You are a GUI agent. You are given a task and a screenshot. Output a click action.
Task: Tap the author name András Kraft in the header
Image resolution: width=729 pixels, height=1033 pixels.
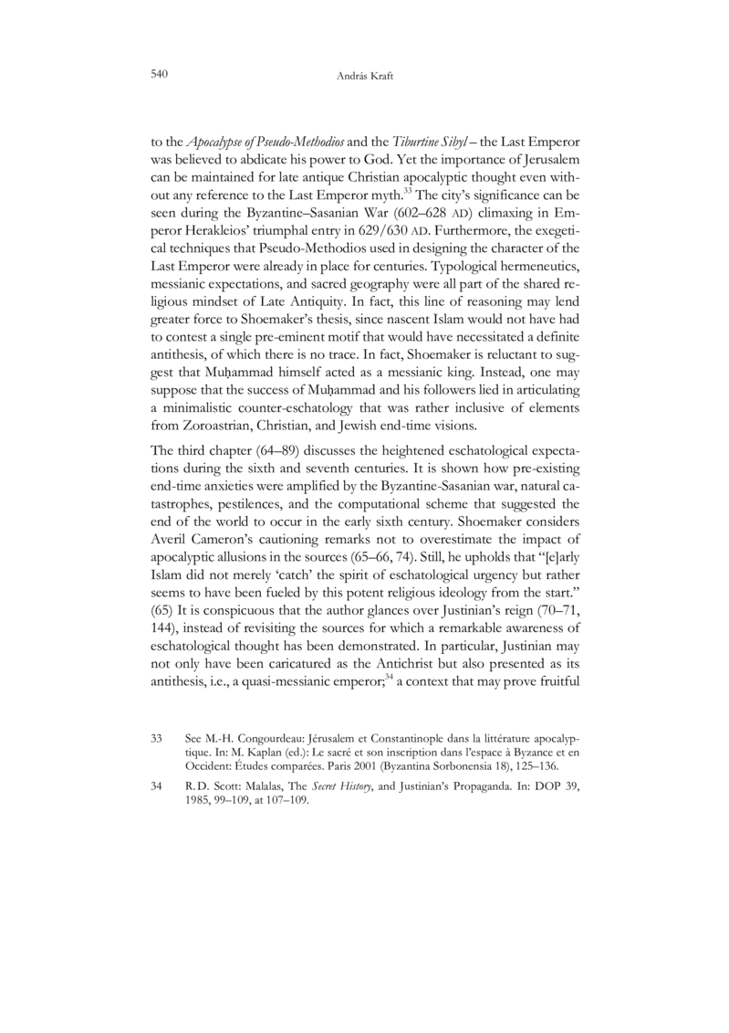point(364,75)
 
